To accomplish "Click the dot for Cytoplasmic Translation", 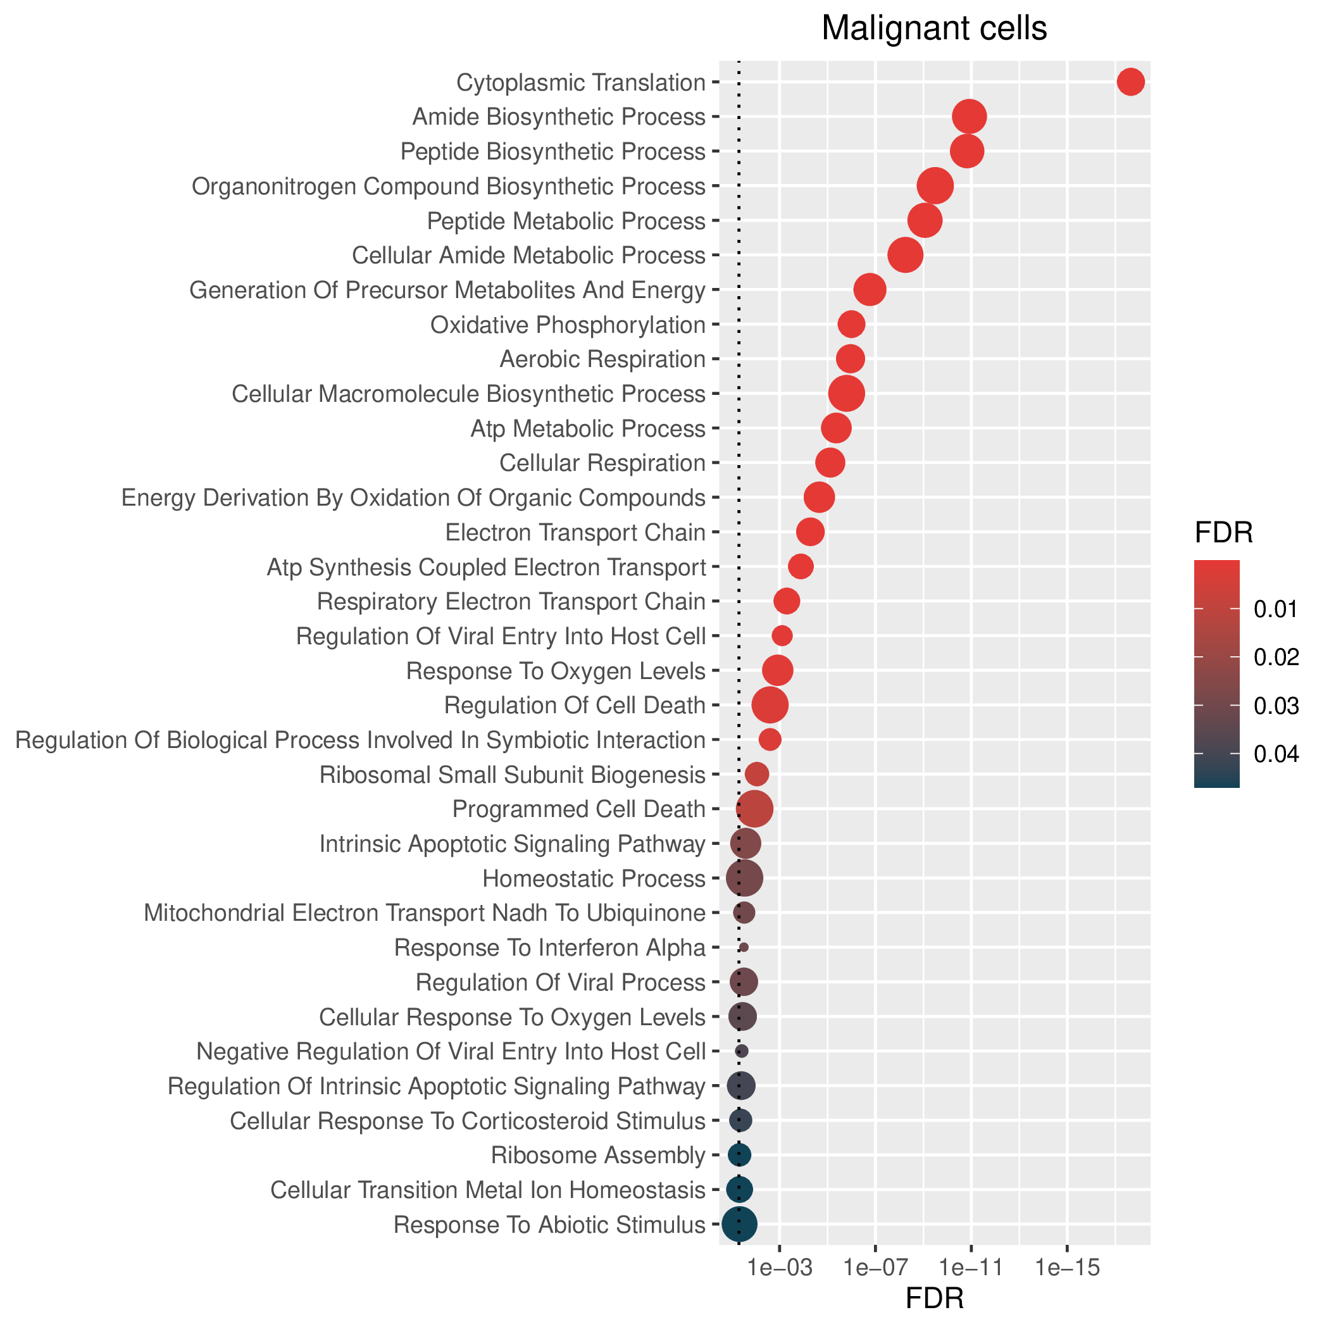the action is pos(1131,82).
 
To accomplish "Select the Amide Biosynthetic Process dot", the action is pos(970,116).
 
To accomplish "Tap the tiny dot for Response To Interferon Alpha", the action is pos(744,947).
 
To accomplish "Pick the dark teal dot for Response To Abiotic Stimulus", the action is pos(739,1225).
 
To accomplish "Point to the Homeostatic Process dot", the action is pos(744,878).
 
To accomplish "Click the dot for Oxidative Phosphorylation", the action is pos(851,324).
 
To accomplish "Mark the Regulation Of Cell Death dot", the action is pos(770,705).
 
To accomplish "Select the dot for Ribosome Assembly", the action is pos(739,1155).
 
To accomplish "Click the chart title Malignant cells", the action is pos(934,28).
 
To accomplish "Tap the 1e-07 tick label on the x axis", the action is pos(875,1268).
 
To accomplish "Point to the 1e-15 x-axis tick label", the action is pos(1066,1268).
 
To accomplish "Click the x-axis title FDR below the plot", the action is pos(934,1299).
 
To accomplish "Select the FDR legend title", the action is pos(1224,533).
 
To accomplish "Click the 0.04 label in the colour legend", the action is pos(1276,754).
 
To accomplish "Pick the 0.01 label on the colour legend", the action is pos(1276,609).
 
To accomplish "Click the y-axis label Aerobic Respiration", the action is pos(602,359).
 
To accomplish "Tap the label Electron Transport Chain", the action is pos(576,532).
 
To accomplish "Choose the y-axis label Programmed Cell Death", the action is pos(579,809).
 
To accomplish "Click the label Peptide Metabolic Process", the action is pos(566,221).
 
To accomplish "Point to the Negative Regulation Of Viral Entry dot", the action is pos(742,1051).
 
